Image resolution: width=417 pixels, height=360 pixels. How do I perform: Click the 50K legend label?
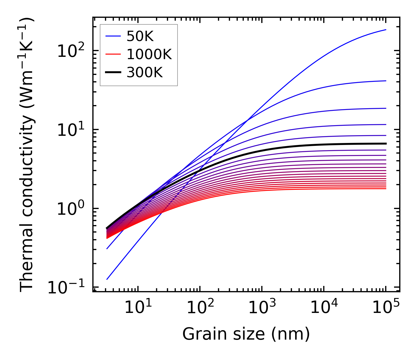click(140, 36)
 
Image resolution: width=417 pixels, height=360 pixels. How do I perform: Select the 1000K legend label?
click(149, 54)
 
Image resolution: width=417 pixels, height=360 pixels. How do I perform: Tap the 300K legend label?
click(145, 73)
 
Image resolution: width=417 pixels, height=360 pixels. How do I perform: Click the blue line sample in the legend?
click(113, 36)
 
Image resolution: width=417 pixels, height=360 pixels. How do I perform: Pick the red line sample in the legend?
click(113, 54)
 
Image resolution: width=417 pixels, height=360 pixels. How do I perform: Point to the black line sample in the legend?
click(113, 73)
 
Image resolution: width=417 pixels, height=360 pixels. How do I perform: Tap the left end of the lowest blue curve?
click(107, 279)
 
